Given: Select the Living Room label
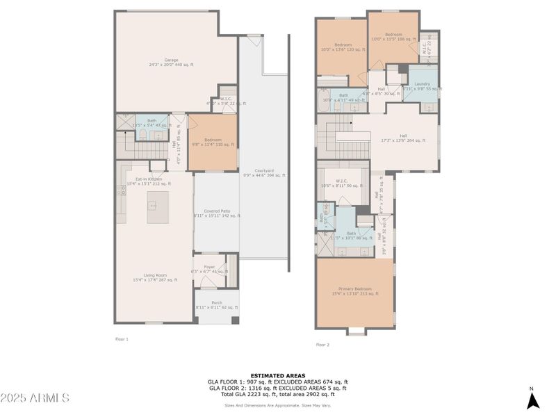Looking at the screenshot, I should click(155, 277).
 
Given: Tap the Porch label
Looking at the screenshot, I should click(217, 304).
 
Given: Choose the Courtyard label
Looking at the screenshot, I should click(264, 173).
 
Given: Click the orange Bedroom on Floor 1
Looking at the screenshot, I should click(213, 142).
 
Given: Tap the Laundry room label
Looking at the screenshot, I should click(423, 86).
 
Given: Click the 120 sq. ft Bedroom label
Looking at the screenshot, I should click(343, 47).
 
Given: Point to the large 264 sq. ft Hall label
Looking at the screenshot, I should click(403, 138).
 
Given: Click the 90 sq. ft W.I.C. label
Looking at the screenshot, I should click(341, 183).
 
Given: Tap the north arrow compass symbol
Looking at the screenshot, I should click(532, 400).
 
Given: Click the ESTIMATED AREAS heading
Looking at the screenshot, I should click(277, 375).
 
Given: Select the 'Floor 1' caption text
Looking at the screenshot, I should click(122, 339).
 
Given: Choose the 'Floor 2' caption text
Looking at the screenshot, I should click(322, 345).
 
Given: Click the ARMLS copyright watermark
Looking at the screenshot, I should click(35, 398).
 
